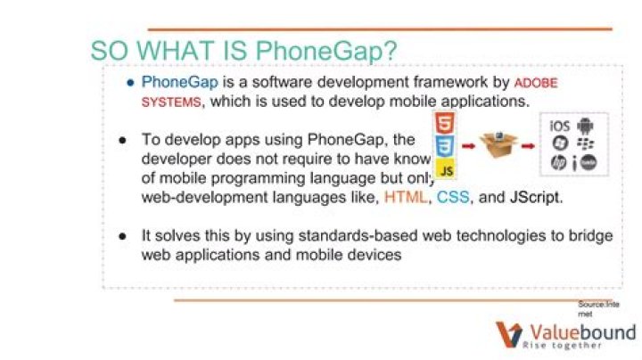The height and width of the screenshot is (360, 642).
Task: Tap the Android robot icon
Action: point(585,125)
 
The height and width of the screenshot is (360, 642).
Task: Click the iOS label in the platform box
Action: point(560,125)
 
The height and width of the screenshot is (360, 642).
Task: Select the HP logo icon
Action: point(559,162)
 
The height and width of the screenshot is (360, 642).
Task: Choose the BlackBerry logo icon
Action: point(585,143)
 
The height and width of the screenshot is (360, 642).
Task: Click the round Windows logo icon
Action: point(560,143)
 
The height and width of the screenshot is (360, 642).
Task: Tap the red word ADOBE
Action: point(539,83)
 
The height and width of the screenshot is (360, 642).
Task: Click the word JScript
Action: point(536,197)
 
